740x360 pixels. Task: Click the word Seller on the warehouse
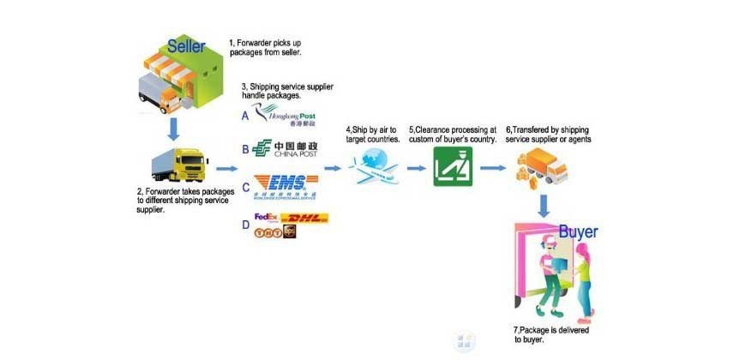point(186,46)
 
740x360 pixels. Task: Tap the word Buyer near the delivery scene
point(579,231)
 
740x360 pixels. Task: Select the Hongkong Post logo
point(292,117)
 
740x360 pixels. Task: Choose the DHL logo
point(304,219)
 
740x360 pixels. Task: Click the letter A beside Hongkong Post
point(246,116)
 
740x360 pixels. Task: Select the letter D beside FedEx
point(246,225)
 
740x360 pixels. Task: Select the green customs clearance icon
point(452,165)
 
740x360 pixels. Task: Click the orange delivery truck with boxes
point(539,165)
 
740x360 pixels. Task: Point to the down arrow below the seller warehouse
point(173,128)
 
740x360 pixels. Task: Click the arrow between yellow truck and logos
point(225,170)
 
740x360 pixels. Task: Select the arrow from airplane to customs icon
point(416,169)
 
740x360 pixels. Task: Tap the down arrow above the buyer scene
point(544,205)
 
